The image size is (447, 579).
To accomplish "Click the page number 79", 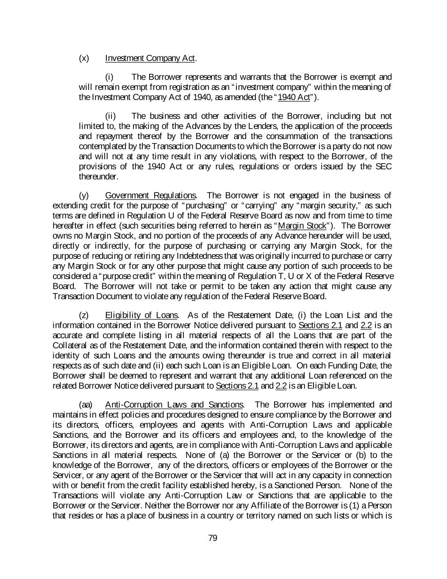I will tap(213, 538).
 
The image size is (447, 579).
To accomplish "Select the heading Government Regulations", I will tap(150, 196).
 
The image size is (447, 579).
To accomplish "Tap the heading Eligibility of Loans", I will tap(142, 315).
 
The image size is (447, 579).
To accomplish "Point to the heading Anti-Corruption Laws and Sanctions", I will tap(174, 405).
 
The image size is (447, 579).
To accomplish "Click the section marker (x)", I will tap(84, 58).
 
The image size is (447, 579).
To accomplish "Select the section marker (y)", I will tap(84, 196).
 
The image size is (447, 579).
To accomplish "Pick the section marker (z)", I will tap(84, 315).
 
